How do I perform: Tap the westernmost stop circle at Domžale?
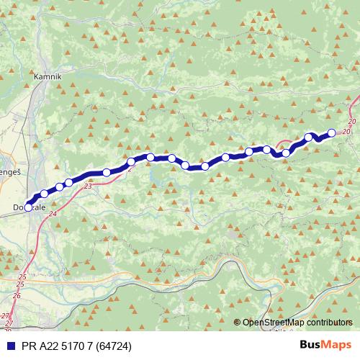tap(28, 207)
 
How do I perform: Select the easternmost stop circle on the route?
tap(332, 132)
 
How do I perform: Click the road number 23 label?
tap(88, 186)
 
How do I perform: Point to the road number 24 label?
tap(53, 213)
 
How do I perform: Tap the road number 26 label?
tap(17, 296)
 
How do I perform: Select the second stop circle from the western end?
tap(44, 193)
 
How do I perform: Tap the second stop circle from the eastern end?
tap(309, 137)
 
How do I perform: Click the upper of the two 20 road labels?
tap(351, 121)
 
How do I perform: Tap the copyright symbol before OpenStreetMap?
tap(237, 322)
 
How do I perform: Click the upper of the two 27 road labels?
tap(6, 315)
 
